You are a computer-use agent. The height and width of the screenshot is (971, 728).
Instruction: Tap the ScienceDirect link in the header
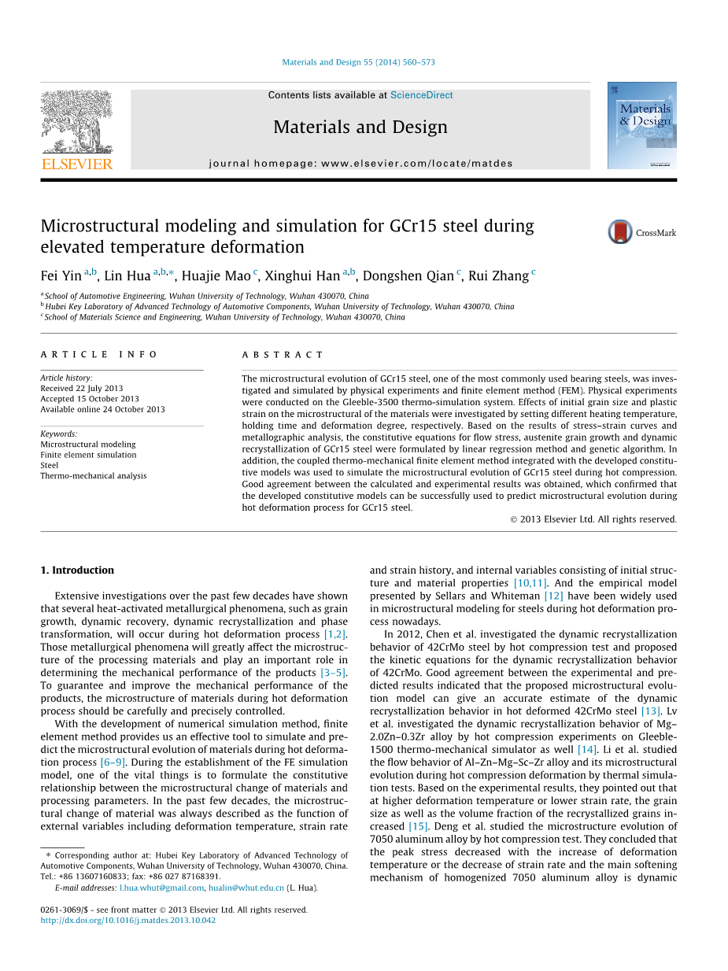coord(422,95)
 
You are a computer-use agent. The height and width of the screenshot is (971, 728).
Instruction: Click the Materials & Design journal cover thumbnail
coord(641,125)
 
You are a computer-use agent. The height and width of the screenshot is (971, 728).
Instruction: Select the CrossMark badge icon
coord(620,232)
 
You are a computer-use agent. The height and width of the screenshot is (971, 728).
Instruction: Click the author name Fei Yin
coord(61,275)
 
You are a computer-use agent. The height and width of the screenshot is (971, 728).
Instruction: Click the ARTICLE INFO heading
coord(99,355)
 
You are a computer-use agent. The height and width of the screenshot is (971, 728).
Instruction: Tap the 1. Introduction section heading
coord(77,570)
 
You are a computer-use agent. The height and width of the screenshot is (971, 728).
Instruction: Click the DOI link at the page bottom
coord(127,920)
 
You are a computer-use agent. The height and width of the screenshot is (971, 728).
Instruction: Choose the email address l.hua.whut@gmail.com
coord(161,888)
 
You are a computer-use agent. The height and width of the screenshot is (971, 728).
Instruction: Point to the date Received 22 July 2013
coord(82,389)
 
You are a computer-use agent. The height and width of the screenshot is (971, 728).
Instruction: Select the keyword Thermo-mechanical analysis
coord(94,475)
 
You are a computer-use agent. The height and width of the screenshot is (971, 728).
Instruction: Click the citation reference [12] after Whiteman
coord(553,596)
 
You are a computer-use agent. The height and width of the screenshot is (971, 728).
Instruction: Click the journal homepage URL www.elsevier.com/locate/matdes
coord(416,164)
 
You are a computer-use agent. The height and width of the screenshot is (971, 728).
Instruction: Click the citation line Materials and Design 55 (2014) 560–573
coord(358,62)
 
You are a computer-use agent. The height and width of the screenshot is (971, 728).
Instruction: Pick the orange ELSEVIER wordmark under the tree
coord(76,164)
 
